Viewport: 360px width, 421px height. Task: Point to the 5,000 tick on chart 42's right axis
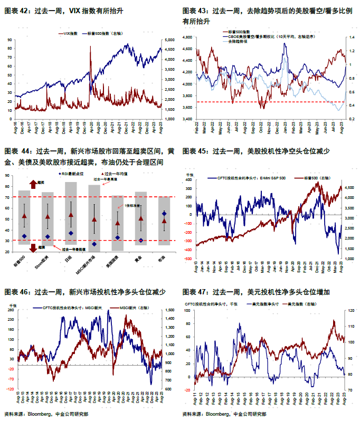169,40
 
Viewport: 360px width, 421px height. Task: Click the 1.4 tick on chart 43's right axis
349,37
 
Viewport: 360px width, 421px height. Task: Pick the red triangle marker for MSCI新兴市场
94,219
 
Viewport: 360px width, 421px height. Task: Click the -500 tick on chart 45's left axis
187,259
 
